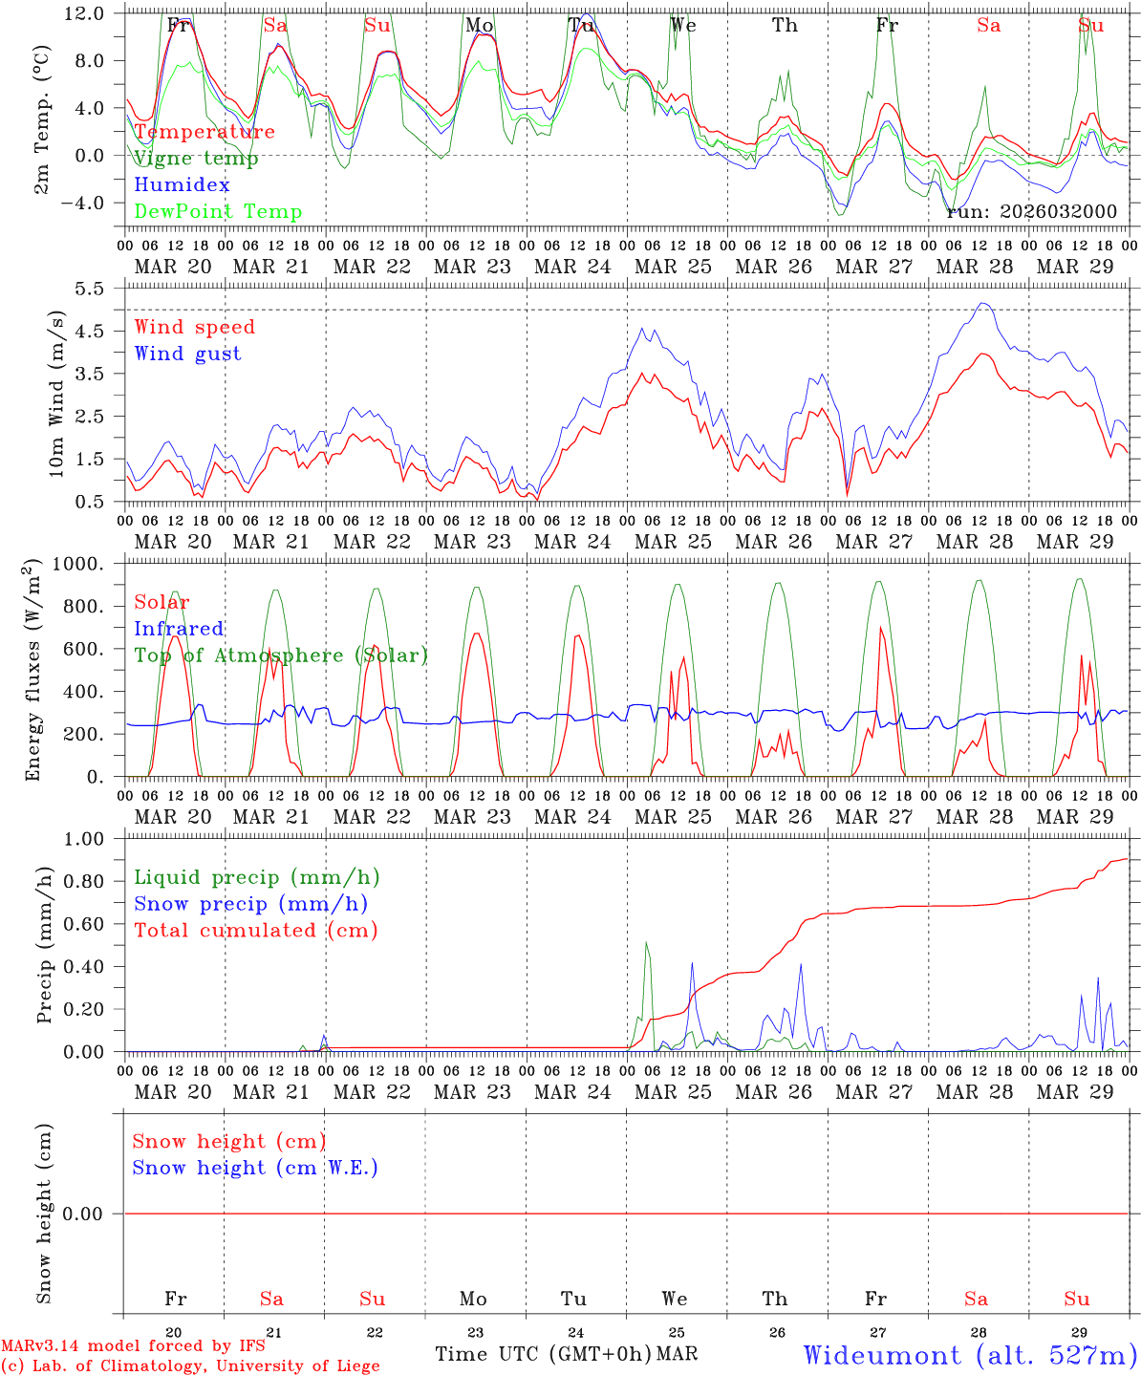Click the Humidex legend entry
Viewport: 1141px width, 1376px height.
[182, 184]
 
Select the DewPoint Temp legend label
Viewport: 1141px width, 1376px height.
[218, 211]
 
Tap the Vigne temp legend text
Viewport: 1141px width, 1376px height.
[196, 158]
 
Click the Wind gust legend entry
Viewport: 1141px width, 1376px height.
[187, 354]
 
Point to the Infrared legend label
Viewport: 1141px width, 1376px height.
[179, 629]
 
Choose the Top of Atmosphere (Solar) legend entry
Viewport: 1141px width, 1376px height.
[281, 656]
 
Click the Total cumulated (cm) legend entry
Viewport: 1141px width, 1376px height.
[255, 930]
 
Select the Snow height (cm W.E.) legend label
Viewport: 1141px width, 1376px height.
[255, 1168]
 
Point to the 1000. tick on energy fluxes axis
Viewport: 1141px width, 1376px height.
[92, 564]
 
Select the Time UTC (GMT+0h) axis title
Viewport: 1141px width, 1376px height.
[544, 1354]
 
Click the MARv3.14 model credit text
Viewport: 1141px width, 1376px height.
[133, 1346]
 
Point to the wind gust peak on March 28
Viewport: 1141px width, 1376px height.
[983, 304]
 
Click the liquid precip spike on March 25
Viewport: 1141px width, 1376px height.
[647, 943]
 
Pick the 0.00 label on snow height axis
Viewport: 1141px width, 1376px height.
[95, 1214]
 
